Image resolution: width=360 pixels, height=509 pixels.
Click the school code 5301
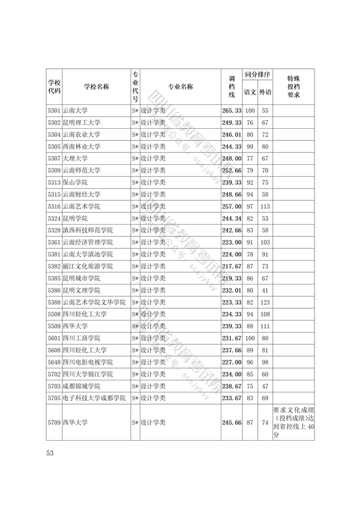tap(54, 111)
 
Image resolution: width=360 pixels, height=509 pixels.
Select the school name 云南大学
tap(75, 111)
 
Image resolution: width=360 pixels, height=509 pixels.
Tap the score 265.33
tap(231, 111)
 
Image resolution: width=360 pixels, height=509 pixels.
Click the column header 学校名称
tap(96, 87)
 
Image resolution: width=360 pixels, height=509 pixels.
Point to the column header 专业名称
tap(181, 87)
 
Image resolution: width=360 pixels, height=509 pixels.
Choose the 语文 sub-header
tap(250, 92)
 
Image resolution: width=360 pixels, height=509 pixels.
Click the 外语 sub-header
tap(265, 92)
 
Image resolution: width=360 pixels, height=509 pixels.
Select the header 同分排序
tap(257, 75)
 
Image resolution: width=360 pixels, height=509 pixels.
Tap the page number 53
tap(50, 453)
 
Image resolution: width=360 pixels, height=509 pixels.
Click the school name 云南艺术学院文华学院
tap(94, 302)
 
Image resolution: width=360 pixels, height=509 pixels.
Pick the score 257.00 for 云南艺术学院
tap(231, 207)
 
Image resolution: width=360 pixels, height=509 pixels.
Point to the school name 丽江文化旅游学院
tap(88, 266)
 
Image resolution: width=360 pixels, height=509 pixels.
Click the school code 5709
tap(54, 423)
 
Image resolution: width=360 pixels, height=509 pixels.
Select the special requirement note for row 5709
tap(293, 422)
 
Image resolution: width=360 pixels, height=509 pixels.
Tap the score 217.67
tap(231, 266)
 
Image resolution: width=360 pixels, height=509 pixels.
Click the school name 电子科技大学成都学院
tap(94, 398)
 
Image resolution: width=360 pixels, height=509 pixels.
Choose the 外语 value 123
tap(265, 302)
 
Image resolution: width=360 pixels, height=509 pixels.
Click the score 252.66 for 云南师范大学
tap(231, 171)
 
